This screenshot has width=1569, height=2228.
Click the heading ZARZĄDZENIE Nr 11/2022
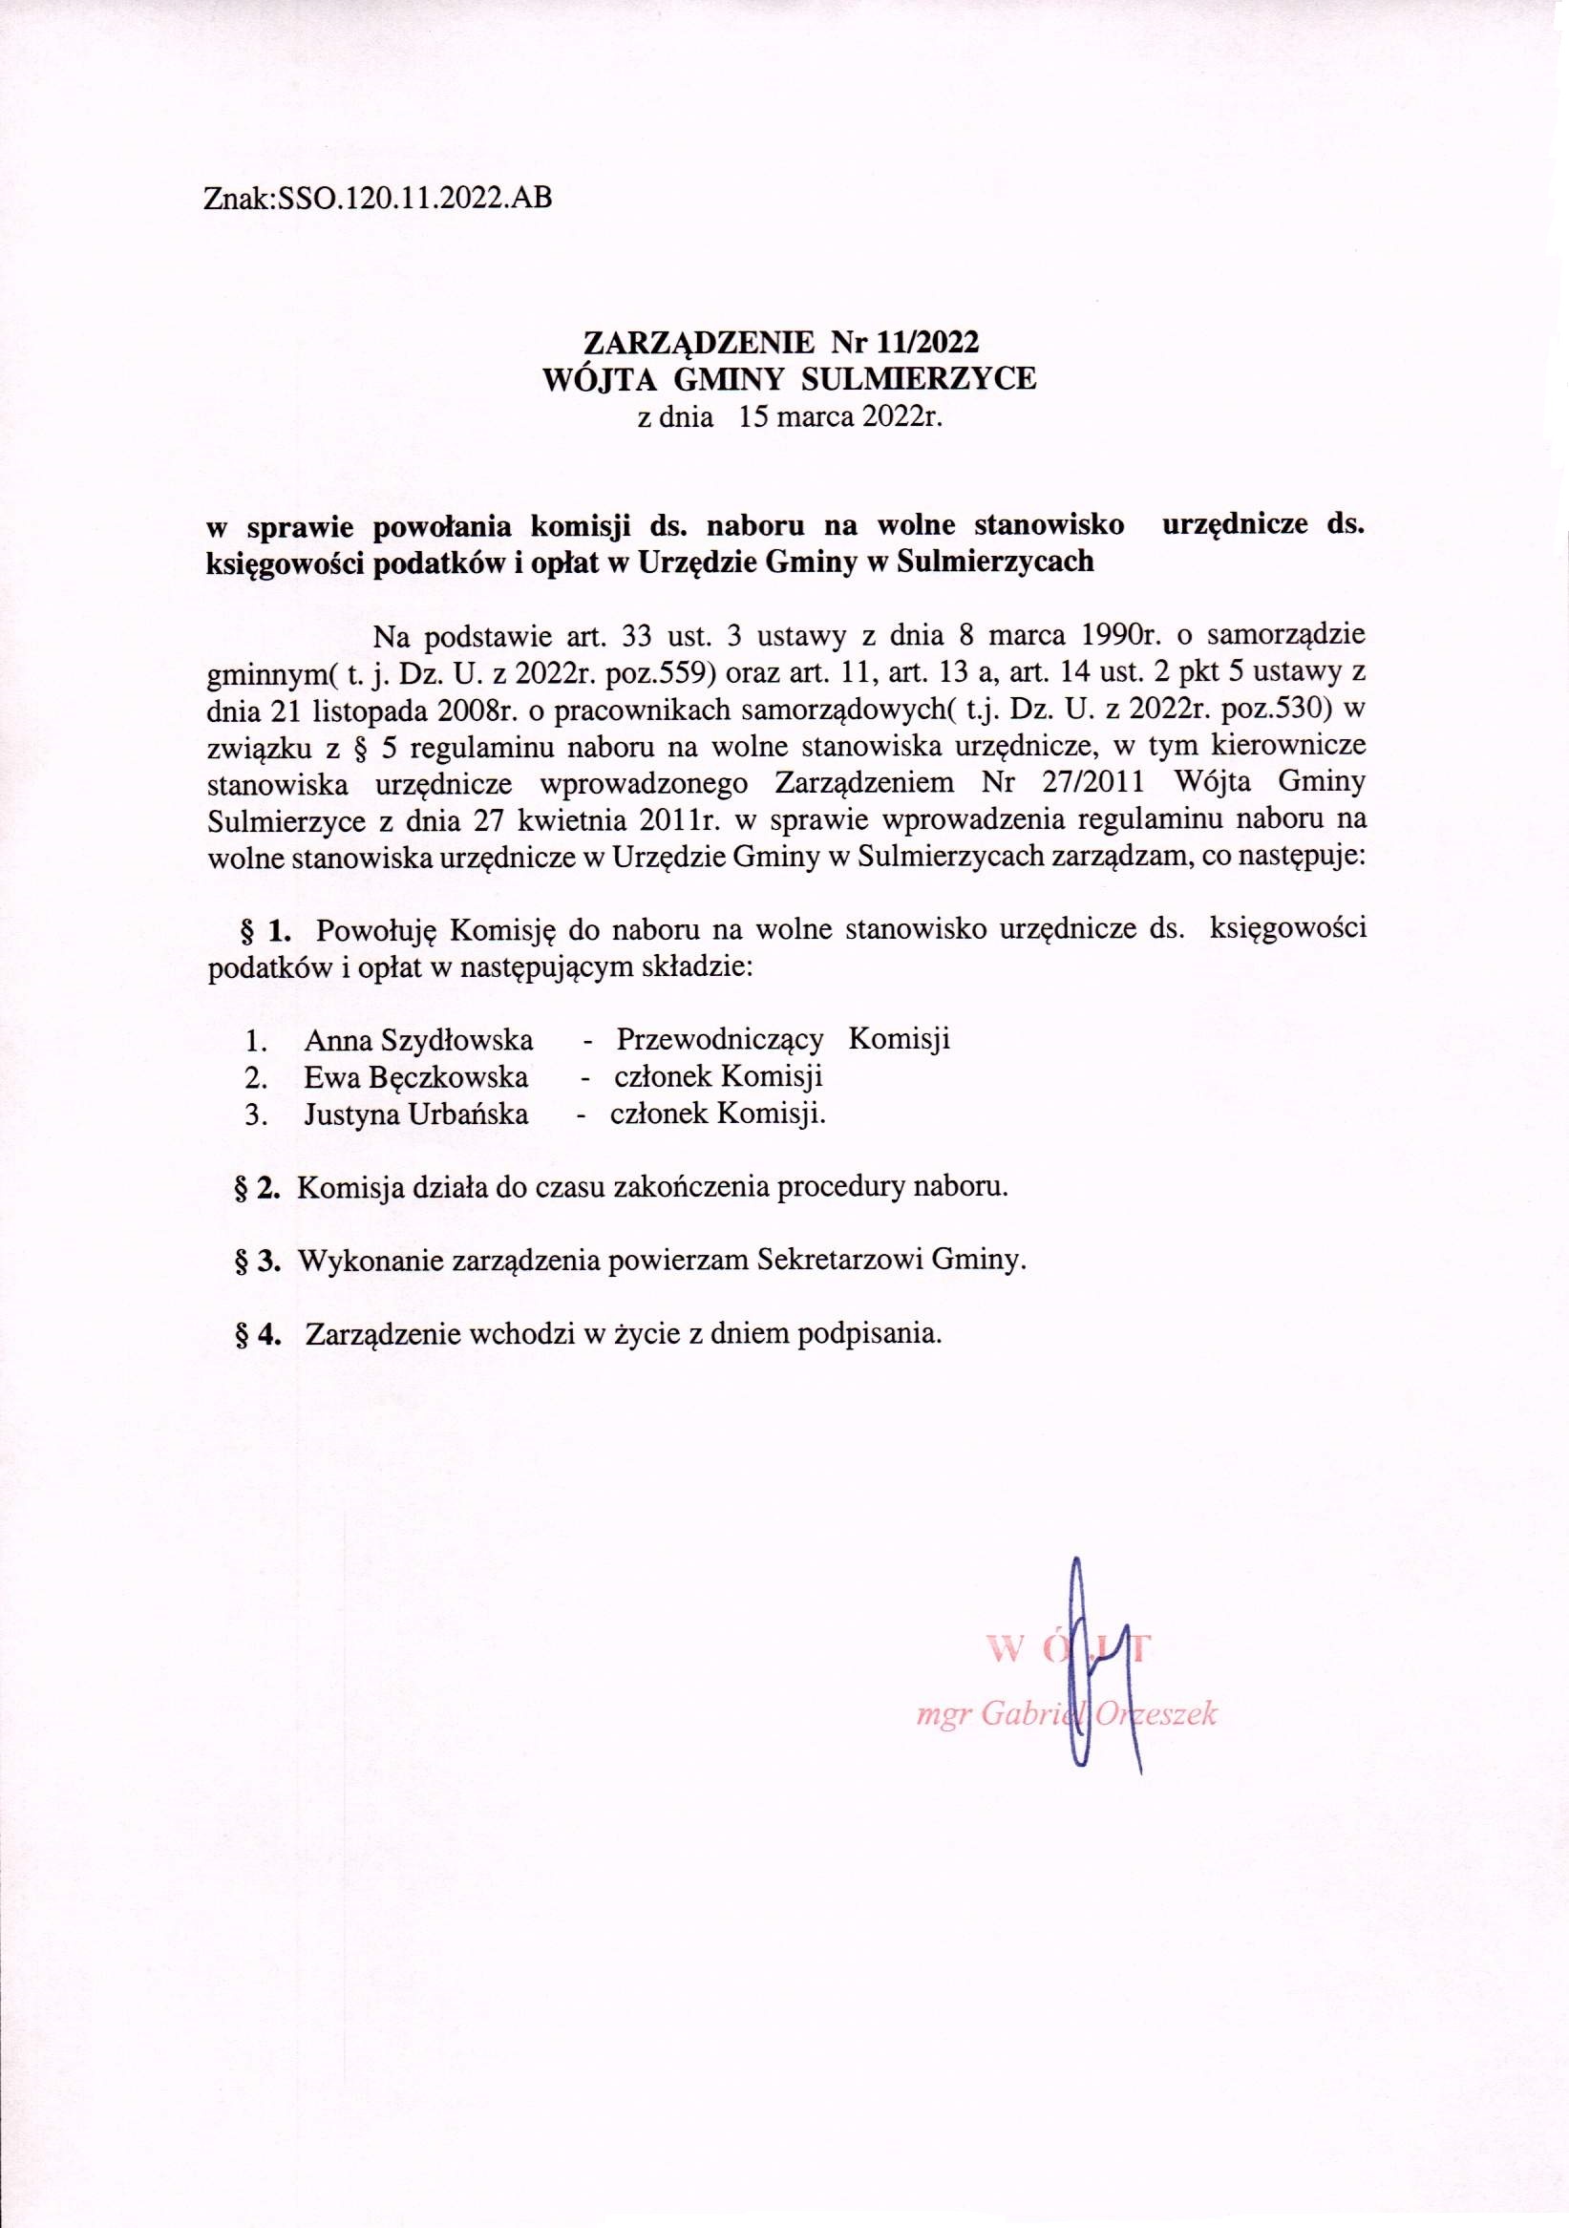pos(781,342)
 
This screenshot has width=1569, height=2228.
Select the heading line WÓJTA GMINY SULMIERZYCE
pos(789,378)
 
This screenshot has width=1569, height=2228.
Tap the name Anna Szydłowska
pos(418,1039)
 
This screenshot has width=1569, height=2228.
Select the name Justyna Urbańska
pos(416,1114)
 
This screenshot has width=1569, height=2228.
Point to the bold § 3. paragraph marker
pos(258,1261)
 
